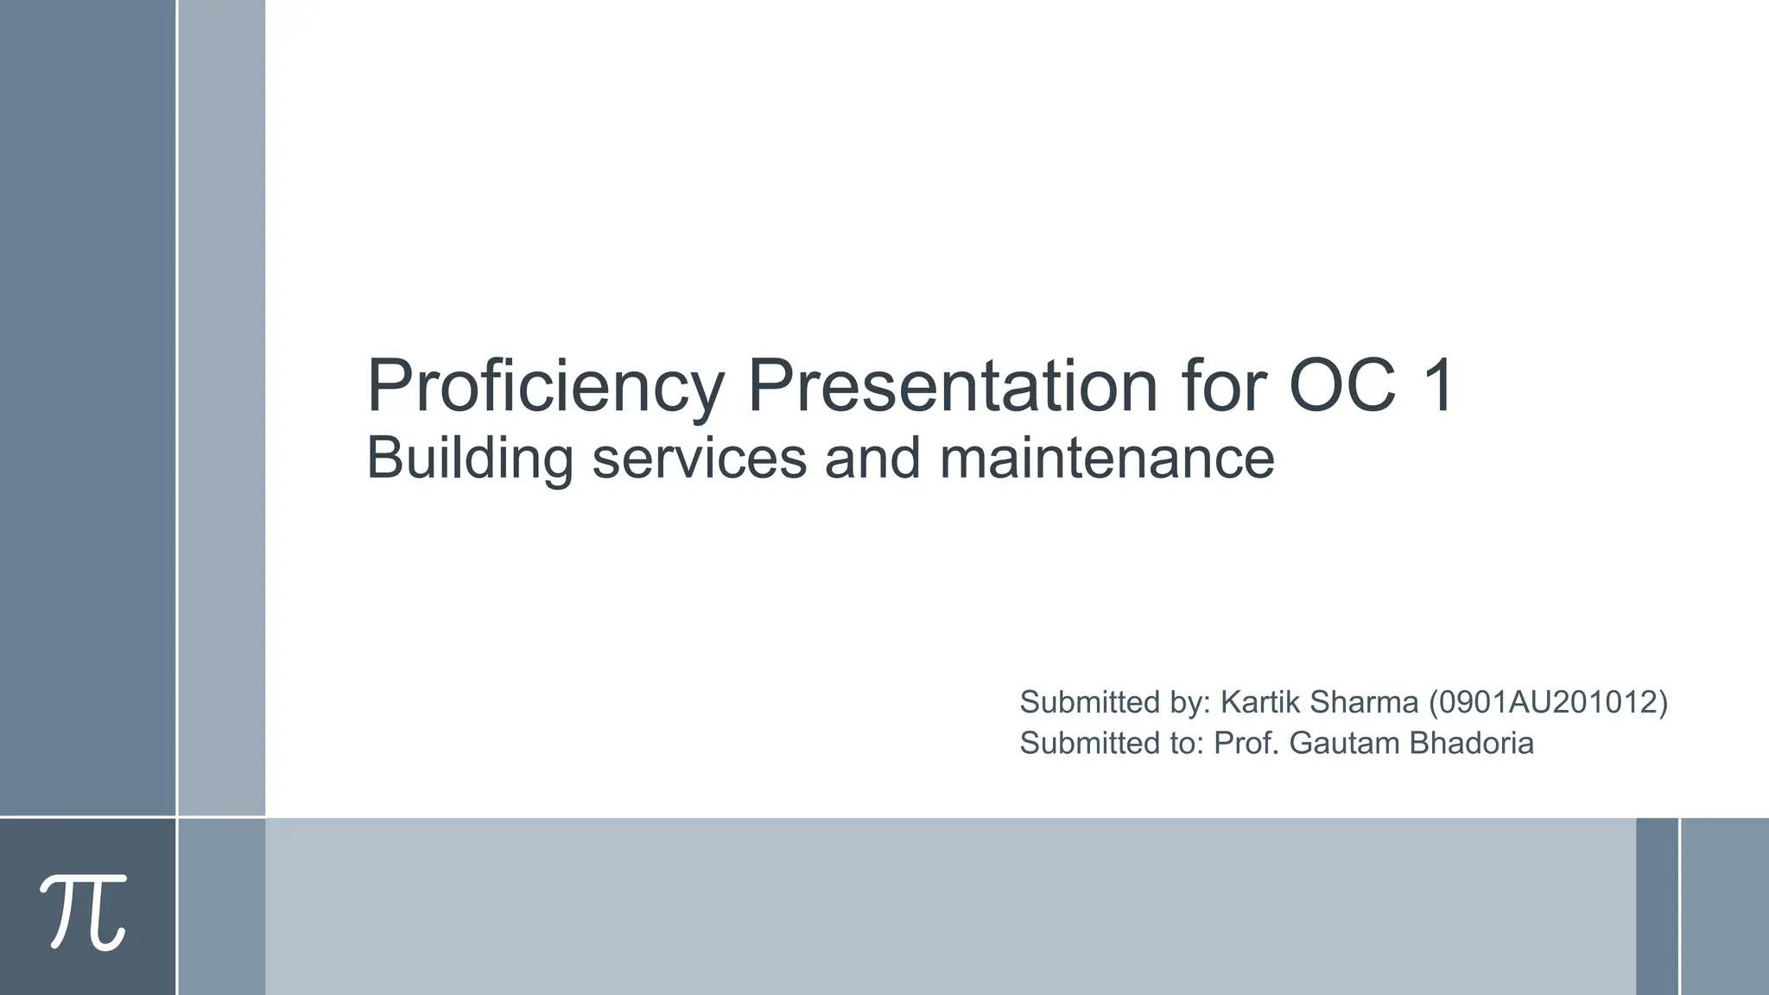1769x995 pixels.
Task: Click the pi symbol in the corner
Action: pyautogui.click(x=84, y=910)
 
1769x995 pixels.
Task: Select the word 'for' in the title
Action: pyautogui.click(x=1223, y=386)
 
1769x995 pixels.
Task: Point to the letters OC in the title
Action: pyautogui.click(x=1342, y=386)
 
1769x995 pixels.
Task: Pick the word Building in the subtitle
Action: pyautogui.click(x=470, y=458)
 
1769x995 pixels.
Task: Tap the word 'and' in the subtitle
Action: pyautogui.click(x=872, y=458)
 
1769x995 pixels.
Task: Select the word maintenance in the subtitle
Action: pyautogui.click(x=1106, y=458)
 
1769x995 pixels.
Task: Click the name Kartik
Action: pyautogui.click(x=1259, y=702)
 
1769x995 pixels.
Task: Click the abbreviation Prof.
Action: pyautogui.click(x=1246, y=743)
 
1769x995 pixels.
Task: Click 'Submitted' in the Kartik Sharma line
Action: pyautogui.click(x=1090, y=702)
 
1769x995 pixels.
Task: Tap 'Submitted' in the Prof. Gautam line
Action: pyautogui.click(x=1090, y=743)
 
